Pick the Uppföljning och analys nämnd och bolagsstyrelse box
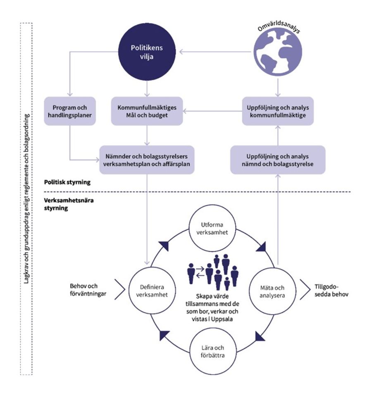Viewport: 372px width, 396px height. (x=278, y=160)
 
